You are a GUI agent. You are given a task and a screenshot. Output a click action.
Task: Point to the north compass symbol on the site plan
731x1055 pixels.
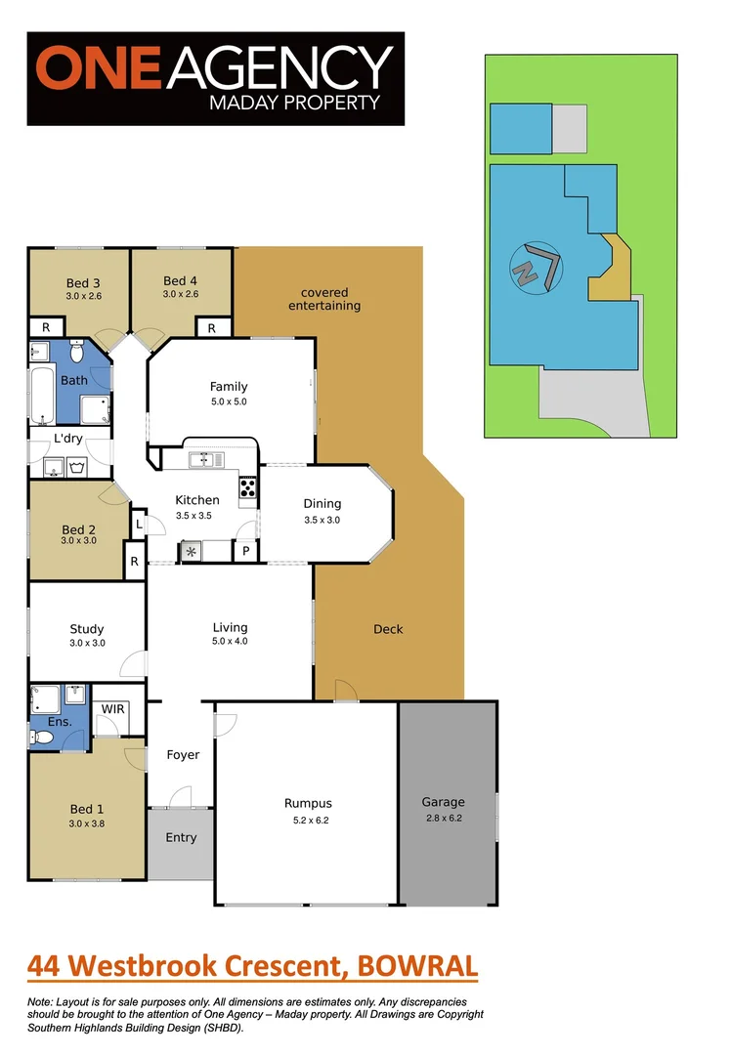[x=536, y=267]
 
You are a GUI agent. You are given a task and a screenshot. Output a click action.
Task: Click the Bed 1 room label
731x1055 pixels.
[x=86, y=809]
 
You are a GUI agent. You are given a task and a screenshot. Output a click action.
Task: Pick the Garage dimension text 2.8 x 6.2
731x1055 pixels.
[x=443, y=818]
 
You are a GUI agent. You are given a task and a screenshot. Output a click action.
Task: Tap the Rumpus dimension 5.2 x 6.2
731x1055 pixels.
[x=308, y=820]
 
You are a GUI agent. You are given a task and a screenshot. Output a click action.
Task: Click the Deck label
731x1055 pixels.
[x=388, y=629]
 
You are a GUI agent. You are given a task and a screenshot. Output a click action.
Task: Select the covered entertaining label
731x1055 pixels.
[x=324, y=299]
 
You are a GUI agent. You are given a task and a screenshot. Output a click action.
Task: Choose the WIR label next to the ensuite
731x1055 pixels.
[x=112, y=708]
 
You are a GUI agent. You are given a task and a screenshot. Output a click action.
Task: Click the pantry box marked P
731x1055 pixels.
[x=245, y=552]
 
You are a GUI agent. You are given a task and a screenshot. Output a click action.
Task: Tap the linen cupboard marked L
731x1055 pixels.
[x=140, y=525]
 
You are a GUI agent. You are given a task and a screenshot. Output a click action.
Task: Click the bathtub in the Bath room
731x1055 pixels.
[x=44, y=396]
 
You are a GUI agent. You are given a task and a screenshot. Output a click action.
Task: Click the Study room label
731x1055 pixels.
[x=86, y=629]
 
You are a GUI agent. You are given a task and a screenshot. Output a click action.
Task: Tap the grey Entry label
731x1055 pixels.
[x=181, y=837]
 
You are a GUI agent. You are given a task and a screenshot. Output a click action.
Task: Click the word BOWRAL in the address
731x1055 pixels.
[x=418, y=967]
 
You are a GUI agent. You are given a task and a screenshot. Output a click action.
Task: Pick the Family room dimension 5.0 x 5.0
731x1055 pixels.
[x=229, y=401]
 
